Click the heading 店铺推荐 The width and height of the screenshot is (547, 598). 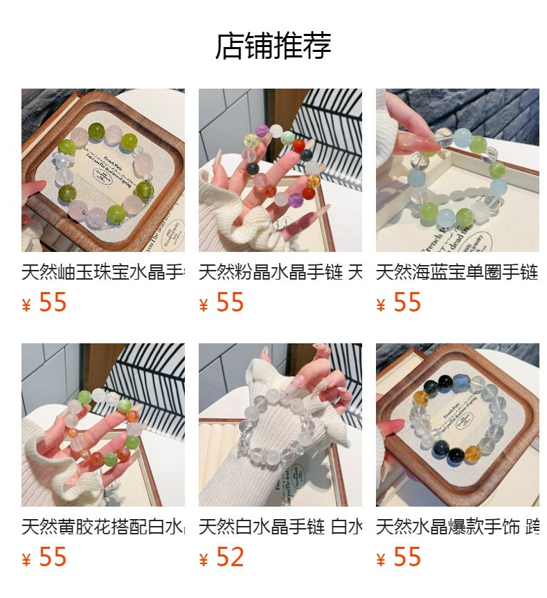[x=273, y=46]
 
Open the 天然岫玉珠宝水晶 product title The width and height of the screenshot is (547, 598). [x=103, y=272]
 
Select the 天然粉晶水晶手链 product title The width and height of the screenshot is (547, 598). [x=280, y=272]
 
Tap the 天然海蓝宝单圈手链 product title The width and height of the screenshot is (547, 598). [x=457, y=272]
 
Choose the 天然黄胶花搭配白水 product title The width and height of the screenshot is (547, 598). [x=103, y=527]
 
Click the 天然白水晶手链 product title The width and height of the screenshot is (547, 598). [x=280, y=527]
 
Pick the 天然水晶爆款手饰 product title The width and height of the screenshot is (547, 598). [x=457, y=527]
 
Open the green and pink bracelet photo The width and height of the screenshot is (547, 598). [x=103, y=170]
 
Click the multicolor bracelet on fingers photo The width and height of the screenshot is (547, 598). [x=280, y=170]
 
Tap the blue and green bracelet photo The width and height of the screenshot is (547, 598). [x=457, y=170]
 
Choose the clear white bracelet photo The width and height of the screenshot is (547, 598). [x=280, y=425]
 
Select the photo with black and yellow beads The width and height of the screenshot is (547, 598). [x=457, y=425]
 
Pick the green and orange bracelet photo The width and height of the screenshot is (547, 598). [x=103, y=425]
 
